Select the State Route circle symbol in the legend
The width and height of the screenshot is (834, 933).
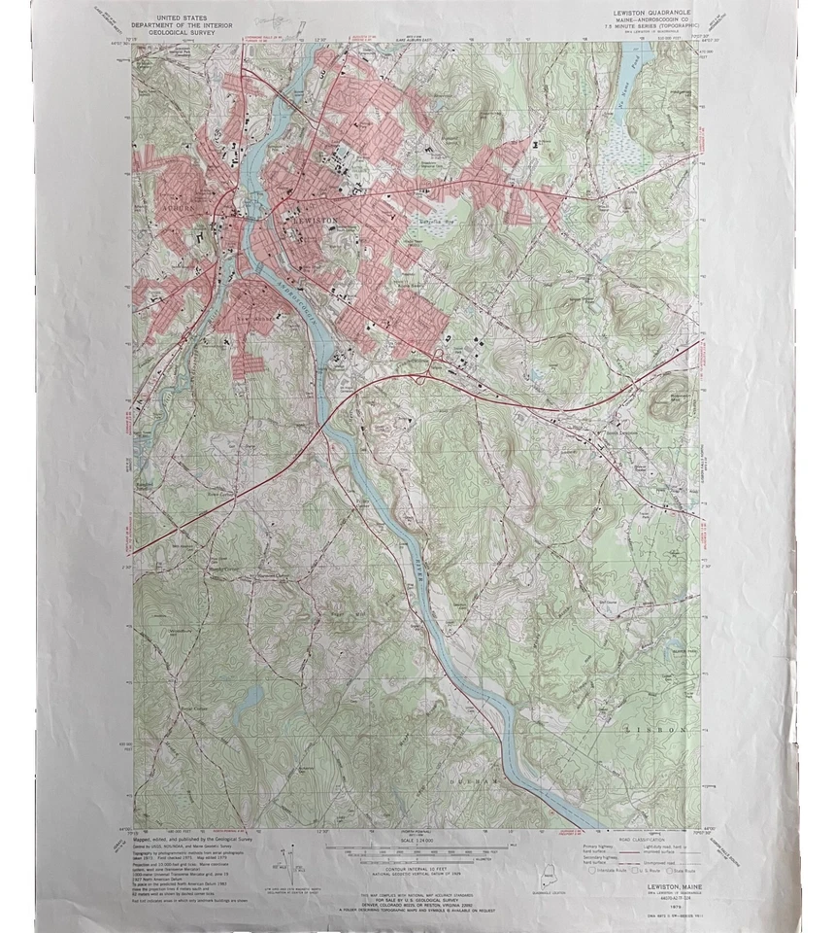(673, 872)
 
